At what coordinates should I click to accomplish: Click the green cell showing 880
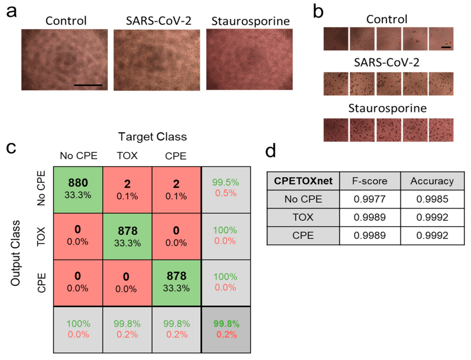78,189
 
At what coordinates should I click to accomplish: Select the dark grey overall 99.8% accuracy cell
226,329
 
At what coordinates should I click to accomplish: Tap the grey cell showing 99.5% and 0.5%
226,189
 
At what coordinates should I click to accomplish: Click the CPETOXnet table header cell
303,181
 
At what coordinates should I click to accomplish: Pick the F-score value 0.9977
369,199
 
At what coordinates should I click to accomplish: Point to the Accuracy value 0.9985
432,199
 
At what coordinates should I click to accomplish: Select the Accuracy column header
432,181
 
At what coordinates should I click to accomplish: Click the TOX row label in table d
303,217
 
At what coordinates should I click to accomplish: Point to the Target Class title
152,137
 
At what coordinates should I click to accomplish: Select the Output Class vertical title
15,253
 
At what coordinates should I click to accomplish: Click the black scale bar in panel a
88,85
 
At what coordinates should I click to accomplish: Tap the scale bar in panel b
446,47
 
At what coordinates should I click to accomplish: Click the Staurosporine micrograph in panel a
249,59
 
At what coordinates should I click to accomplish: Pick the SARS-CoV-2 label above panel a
158,21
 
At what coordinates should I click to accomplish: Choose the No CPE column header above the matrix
78,156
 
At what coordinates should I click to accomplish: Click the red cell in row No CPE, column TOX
127,189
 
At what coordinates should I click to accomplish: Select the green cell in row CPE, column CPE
176,283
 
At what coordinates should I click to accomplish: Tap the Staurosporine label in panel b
387,108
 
